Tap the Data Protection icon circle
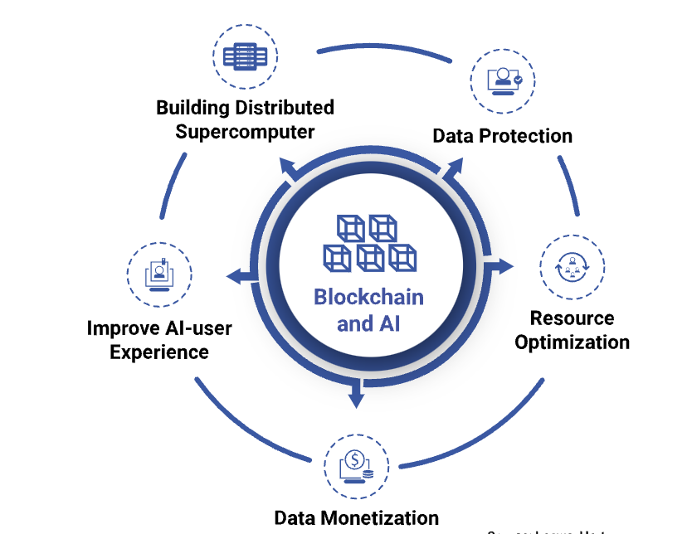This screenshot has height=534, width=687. (x=503, y=80)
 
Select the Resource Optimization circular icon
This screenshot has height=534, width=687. (x=572, y=267)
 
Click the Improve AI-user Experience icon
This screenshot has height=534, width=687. (x=158, y=274)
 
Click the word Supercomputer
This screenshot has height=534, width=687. (x=246, y=132)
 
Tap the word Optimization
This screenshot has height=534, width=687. (x=572, y=342)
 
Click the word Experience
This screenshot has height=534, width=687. (x=159, y=352)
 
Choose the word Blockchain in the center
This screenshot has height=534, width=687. (x=368, y=297)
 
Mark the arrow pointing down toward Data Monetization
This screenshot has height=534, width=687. (x=357, y=397)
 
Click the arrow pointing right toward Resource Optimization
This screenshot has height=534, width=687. (x=502, y=266)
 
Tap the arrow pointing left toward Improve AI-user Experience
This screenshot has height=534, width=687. (x=235, y=276)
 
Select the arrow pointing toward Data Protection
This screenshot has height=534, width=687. (x=454, y=167)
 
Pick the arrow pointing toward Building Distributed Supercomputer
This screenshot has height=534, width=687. (x=288, y=167)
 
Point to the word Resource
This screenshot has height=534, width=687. (x=572, y=318)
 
